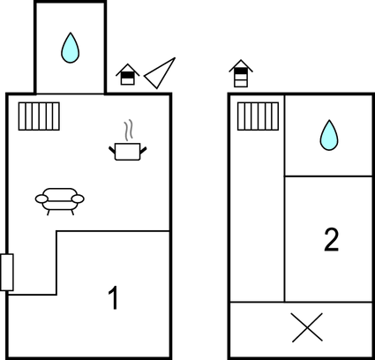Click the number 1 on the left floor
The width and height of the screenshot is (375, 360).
click(114, 297)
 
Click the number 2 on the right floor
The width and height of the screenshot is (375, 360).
click(332, 240)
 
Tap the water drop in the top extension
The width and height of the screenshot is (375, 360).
click(71, 48)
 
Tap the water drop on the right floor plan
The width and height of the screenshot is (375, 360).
click(329, 135)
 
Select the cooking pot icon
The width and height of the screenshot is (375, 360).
click(128, 152)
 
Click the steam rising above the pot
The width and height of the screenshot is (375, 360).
click(128, 130)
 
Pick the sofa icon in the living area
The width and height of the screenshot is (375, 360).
click(60, 201)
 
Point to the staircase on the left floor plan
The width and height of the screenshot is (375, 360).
click(39, 116)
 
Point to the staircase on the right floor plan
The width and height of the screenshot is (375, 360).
click(258, 116)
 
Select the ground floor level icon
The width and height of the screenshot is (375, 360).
click(128, 75)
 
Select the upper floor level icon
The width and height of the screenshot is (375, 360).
click(241, 73)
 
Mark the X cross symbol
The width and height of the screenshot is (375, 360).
click(307, 327)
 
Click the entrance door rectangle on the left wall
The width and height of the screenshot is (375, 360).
click(7, 273)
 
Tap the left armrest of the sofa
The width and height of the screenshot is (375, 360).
click(41, 199)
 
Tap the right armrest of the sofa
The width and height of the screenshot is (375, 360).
click(78, 199)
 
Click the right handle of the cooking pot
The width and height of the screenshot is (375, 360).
click(143, 150)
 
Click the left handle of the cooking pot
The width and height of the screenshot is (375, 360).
click(112, 150)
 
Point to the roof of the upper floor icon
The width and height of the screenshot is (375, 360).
click(241, 64)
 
